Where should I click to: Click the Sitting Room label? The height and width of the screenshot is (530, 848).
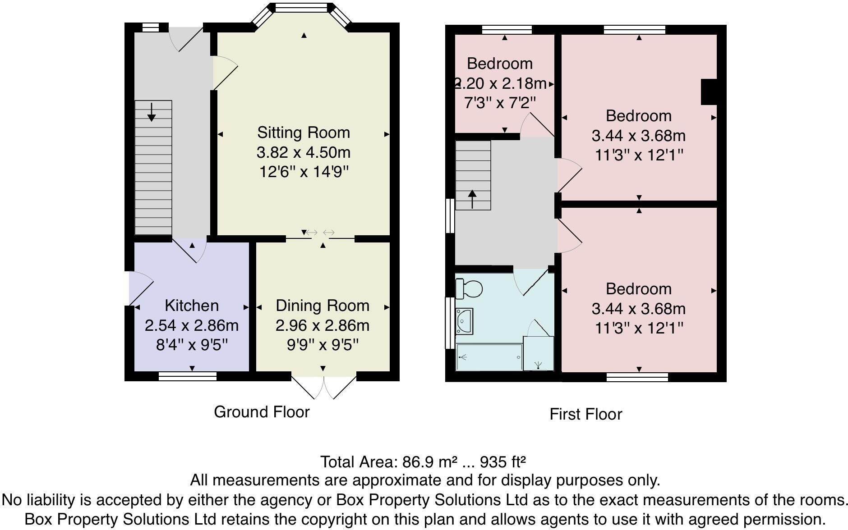[x=304, y=132]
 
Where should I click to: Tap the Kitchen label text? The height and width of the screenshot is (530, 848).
[x=192, y=306]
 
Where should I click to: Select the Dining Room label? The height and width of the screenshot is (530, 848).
[x=323, y=306]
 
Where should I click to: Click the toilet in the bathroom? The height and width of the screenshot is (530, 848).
[x=468, y=288]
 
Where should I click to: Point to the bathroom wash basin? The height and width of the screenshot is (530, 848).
[x=464, y=320]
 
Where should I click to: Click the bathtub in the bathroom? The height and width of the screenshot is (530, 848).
[x=489, y=357]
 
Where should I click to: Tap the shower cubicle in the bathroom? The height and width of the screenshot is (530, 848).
[x=539, y=354]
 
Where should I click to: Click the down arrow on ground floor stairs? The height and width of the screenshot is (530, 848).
[x=152, y=112]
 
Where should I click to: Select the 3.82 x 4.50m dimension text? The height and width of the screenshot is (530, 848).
[x=304, y=152]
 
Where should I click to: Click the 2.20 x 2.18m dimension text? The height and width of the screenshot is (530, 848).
[x=500, y=83]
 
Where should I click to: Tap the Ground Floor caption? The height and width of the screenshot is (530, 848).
[x=262, y=412]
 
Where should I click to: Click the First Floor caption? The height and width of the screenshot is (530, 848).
[x=585, y=414]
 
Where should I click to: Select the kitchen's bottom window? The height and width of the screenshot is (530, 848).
[x=188, y=376]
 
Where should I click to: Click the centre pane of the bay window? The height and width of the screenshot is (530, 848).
[x=301, y=8]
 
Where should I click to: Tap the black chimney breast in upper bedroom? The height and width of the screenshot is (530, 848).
[x=709, y=92]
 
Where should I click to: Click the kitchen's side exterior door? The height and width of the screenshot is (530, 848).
[x=140, y=288]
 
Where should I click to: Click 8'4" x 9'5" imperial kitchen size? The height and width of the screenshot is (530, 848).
[x=192, y=345]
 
